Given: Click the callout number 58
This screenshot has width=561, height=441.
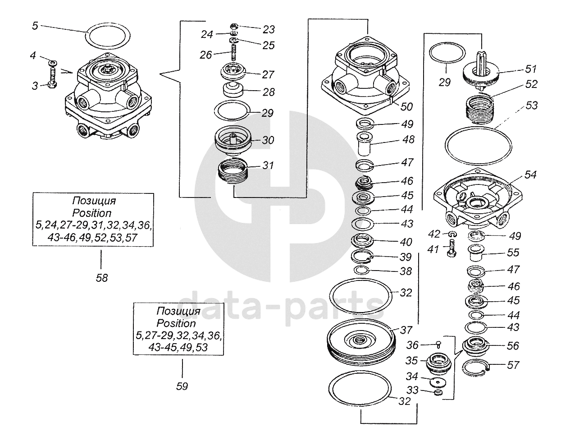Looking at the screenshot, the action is coord(102,278).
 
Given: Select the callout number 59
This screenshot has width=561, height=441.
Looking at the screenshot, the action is coord(182,386).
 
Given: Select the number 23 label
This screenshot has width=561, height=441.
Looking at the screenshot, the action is coord(269,30).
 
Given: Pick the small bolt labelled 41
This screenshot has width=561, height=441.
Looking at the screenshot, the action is coord(452,249).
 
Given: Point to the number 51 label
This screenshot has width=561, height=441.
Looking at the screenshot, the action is coord(531,69).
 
